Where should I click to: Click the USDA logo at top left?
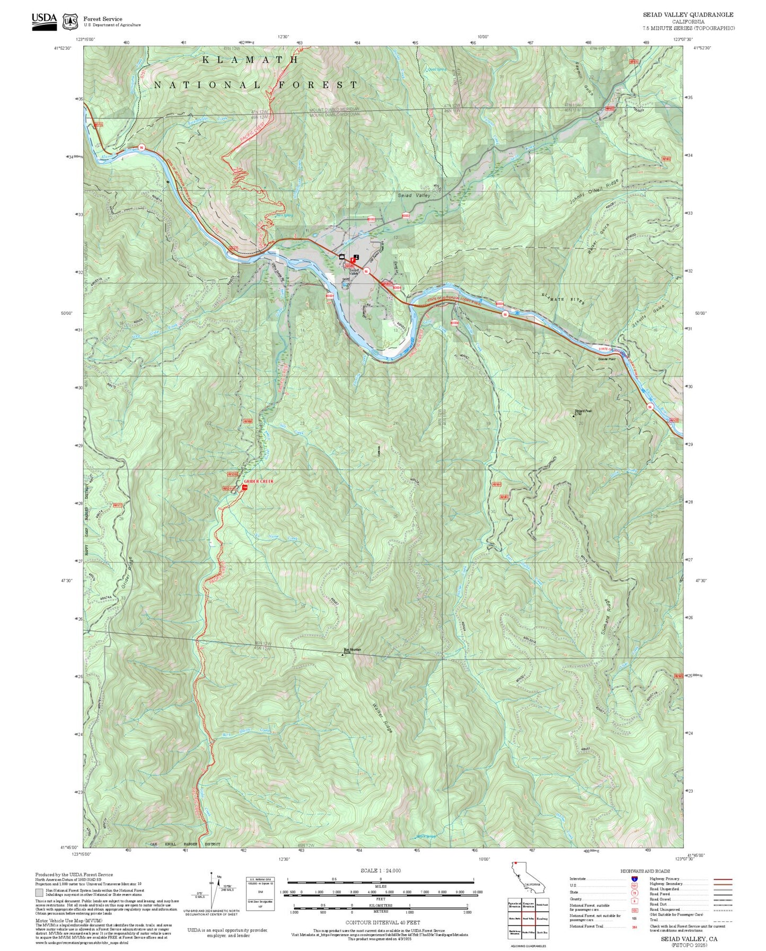click(x=44, y=20)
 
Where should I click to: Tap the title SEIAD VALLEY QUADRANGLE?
click(x=689, y=15)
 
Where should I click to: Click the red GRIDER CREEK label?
click(x=258, y=481)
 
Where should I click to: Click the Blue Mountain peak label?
click(x=351, y=650)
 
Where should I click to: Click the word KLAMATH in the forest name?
click(x=250, y=60)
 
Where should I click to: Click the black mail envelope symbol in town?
click(x=342, y=257)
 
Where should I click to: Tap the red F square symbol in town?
click(x=354, y=260)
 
